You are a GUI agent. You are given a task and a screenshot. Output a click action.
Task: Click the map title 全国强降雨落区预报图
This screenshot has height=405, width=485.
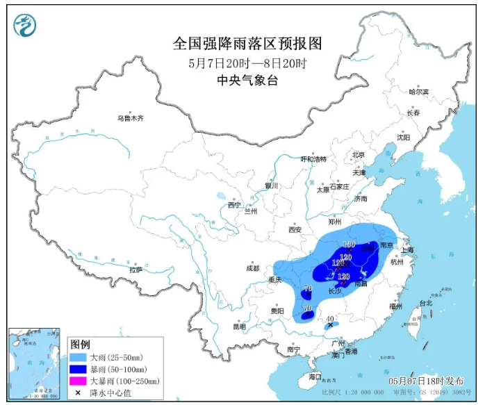247,44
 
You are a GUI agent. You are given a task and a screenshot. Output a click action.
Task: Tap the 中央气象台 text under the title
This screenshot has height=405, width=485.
247,80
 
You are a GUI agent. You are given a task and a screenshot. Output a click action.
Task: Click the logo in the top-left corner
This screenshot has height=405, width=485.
26,26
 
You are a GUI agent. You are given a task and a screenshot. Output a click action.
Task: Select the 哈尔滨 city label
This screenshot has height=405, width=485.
419,92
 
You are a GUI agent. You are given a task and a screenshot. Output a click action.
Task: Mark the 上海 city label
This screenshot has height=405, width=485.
408,249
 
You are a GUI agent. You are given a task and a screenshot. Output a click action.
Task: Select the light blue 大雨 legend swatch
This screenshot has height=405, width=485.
79,356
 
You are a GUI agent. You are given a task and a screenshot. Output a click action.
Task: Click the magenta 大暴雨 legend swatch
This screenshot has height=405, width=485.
79,381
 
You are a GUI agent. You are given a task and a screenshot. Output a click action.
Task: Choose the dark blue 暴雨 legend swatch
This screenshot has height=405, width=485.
79,368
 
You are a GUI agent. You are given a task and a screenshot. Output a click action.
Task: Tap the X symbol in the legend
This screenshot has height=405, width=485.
79,393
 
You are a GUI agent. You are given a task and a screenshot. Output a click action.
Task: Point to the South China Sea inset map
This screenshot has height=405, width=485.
35,364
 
